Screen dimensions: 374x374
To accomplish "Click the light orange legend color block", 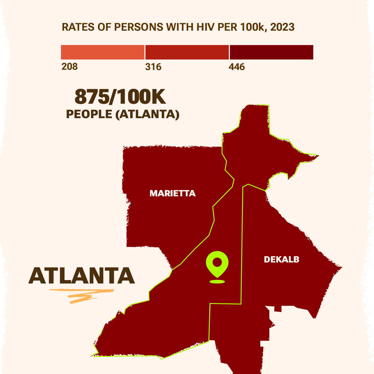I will point(103,52).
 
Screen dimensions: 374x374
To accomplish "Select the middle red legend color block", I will point(187,52).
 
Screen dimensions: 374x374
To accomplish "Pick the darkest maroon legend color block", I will point(271,52).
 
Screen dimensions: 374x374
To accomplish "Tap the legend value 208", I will point(69,66).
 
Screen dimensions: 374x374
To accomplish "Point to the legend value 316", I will point(153,66).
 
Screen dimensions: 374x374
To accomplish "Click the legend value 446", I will point(237,66).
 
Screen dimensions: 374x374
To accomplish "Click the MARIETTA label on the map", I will point(173,193).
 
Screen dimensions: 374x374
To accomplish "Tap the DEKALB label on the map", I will point(281,259).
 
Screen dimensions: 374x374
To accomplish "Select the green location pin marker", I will point(217,263).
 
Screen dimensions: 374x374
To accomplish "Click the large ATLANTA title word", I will point(81,276).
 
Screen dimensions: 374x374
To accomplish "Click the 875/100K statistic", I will point(120,97).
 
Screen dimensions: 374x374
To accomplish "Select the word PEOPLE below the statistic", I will point(89,114).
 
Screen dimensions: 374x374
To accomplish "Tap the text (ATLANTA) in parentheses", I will point(147,114).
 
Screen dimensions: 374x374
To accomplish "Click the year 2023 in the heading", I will point(282,27).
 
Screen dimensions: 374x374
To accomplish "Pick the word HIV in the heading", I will point(206,27).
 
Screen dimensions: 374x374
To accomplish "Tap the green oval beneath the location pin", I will point(217,282).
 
